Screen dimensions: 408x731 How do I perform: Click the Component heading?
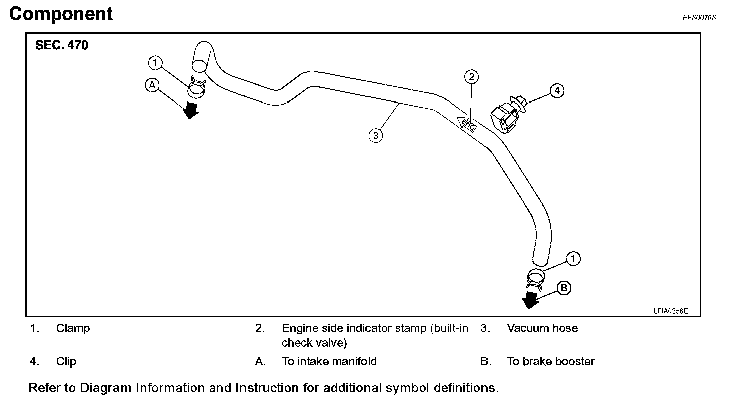coord(61,14)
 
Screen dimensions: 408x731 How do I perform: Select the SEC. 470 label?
coord(61,45)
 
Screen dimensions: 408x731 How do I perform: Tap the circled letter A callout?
coord(152,85)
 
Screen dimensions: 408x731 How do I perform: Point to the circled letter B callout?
coord(564,288)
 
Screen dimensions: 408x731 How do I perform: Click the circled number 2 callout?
coord(471,77)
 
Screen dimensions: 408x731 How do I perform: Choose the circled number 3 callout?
coord(375,135)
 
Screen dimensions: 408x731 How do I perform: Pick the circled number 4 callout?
coord(556,91)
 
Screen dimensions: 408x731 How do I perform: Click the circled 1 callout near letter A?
coord(155,63)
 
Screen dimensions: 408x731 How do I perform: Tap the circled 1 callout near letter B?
coord(573,259)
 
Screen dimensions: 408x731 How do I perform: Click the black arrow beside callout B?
coord(530,300)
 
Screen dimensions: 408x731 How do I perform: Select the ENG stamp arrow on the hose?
coord(466,123)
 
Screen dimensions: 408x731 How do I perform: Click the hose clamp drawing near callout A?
coord(197,88)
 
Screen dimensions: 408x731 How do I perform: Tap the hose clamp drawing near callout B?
coord(536,278)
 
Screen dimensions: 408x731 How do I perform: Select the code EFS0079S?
coord(699,17)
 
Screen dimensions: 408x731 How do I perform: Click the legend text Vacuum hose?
coord(542,329)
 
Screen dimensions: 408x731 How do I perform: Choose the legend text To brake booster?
coord(551,362)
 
